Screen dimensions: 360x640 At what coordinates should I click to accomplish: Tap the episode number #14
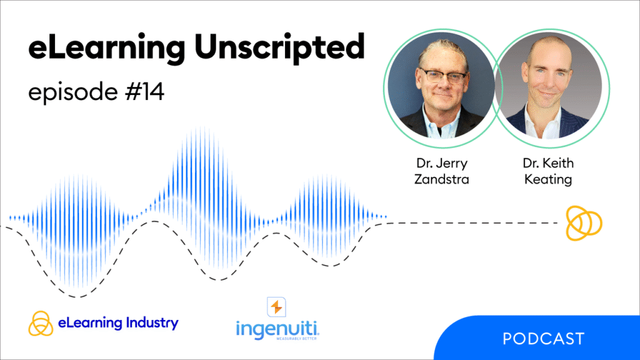144,92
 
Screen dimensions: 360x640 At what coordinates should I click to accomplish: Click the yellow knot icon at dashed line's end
584,222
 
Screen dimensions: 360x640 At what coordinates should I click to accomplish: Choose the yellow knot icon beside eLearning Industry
41,324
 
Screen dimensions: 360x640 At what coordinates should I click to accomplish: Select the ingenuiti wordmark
277,328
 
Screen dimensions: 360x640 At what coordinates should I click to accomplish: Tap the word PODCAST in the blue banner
544,339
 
